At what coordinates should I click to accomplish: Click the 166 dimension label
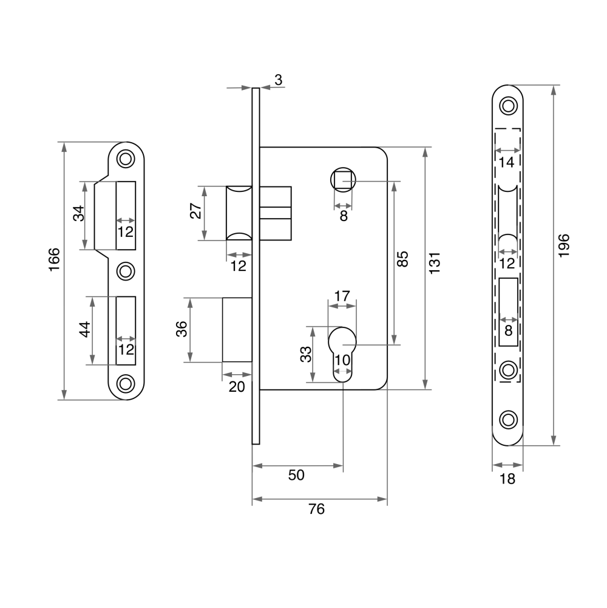(x=54, y=259)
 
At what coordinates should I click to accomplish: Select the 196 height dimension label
(x=563, y=245)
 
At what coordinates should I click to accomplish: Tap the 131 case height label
(x=435, y=263)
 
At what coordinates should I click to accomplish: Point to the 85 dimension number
(x=402, y=259)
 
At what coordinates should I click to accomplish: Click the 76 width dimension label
(x=317, y=509)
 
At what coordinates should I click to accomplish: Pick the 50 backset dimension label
(x=296, y=475)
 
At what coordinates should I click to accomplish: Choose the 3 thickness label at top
(x=278, y=80)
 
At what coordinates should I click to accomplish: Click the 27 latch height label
(x=196, y=211)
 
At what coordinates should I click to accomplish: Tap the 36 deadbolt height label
(x=181, y=329)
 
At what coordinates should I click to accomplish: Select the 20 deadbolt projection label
(x=237, y=386)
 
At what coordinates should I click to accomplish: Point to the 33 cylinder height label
(x=306, y=354)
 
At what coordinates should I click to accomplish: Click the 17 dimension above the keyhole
(x=342, y=296)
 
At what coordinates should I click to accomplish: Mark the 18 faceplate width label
(x=507, y=479)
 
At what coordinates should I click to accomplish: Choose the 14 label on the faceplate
(x=506, y=162)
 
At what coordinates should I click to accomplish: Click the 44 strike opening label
(x=85, y=329)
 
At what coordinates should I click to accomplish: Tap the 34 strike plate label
(x=79, y=213)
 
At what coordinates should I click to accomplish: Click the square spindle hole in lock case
(x=343, y=180)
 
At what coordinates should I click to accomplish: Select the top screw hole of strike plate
(x=126, y=159)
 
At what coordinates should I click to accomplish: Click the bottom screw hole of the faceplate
(x=508, y=420)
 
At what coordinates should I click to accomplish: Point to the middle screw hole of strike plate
(x=126, y=271)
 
